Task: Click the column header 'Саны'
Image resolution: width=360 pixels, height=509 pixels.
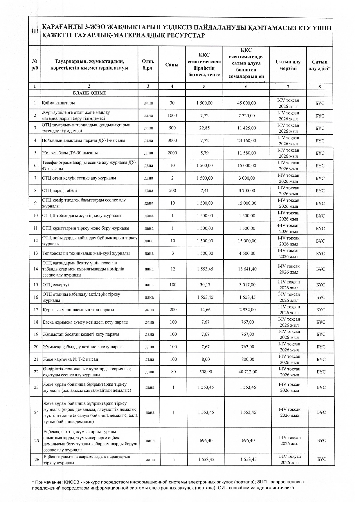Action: (172, 65)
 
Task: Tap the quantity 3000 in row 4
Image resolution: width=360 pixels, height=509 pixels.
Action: (172, 140)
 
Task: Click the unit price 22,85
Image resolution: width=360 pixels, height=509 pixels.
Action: (204, 128)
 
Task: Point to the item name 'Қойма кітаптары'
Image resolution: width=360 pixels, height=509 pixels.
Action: (59, 103)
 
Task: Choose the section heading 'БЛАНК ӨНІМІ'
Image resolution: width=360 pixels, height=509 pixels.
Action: (89, 93)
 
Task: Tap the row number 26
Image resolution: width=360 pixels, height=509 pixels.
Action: (37, 459)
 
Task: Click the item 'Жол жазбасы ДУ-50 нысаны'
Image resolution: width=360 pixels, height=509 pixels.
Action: (70, 153)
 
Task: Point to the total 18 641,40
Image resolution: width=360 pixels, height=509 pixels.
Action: (247, 269)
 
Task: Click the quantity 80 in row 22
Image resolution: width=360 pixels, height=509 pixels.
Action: (173, 372)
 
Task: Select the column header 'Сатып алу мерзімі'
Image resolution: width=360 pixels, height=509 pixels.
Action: (288, 65)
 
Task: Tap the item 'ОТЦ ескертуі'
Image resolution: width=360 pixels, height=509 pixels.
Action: (56, 285)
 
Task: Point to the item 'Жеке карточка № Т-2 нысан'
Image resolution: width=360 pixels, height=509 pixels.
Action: (71, 359)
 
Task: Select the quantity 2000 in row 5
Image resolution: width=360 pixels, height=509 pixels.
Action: (172, 153)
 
